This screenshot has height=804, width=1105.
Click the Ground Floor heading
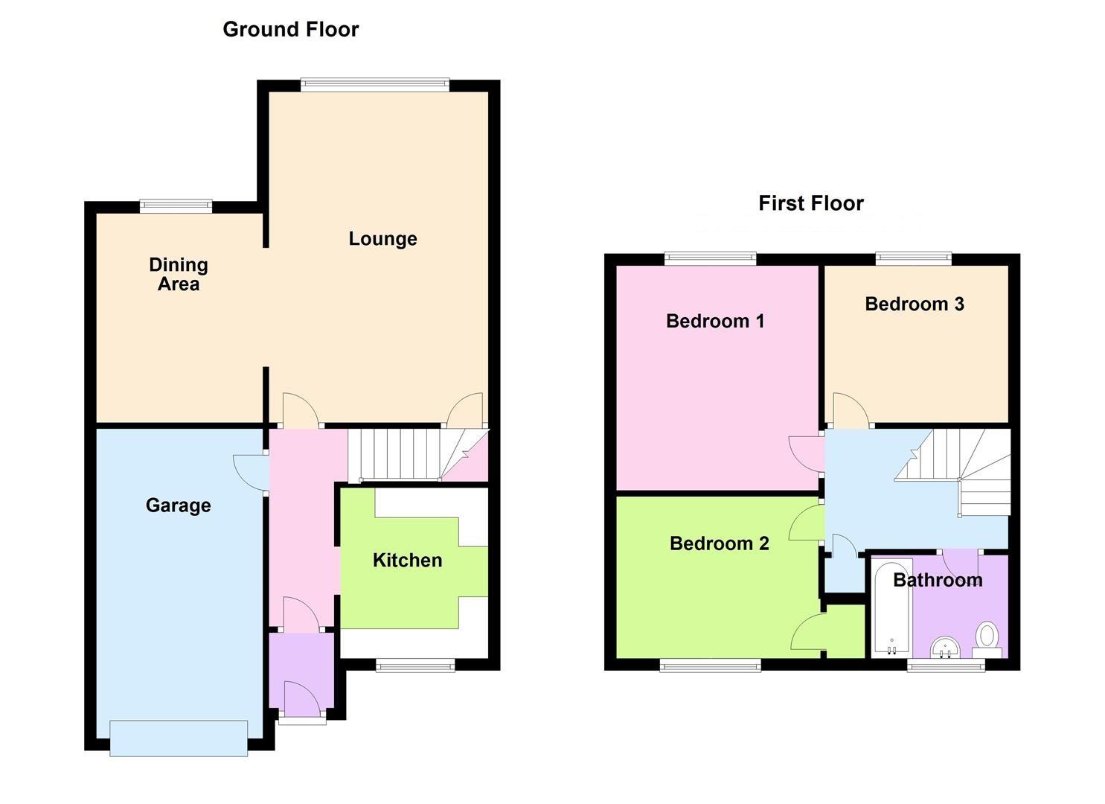click(x=290, y=30)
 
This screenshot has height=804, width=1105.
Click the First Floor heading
click(x=810, y=203)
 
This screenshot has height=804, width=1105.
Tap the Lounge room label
click(x=382, y=239)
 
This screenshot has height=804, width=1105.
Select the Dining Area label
click(x=178, y=274)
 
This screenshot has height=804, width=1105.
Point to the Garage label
click(x=178, y=505)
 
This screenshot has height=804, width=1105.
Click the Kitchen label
click(x=407, y=561)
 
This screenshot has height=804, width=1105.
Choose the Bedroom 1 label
click(x=714, y=321)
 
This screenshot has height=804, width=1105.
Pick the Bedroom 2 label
click(x=719, y=543)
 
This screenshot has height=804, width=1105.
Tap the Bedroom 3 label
click(x=914, y=304)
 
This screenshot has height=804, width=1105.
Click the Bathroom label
click(x=937, y=580)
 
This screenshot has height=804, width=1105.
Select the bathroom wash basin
click(x=945, y=648)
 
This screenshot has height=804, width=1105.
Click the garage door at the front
click(x=179, y=738)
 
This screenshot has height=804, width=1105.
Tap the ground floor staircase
click(x=402, y=454)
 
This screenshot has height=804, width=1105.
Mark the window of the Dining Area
click(x=176, y=206)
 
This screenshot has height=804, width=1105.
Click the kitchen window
click(x=415, y=665)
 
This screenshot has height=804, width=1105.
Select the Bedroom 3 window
click(x=913, y=258)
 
